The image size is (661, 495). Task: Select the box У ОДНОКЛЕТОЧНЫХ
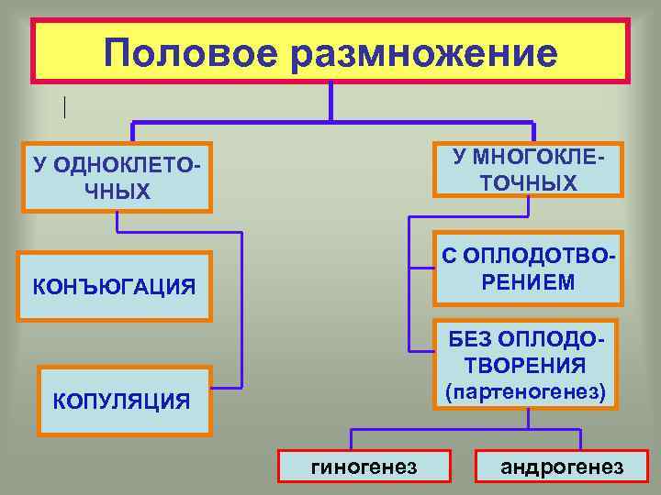(118, 178)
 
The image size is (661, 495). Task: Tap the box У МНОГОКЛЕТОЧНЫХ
(529, 170)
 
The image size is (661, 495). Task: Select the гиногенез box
(365, 467)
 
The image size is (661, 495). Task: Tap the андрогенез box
(562, 467)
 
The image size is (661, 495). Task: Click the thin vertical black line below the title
(65, 107)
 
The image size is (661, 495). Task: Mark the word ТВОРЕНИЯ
(525, 366)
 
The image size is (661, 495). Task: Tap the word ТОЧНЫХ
(529, 183)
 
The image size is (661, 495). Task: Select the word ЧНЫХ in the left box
(116, 192)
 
